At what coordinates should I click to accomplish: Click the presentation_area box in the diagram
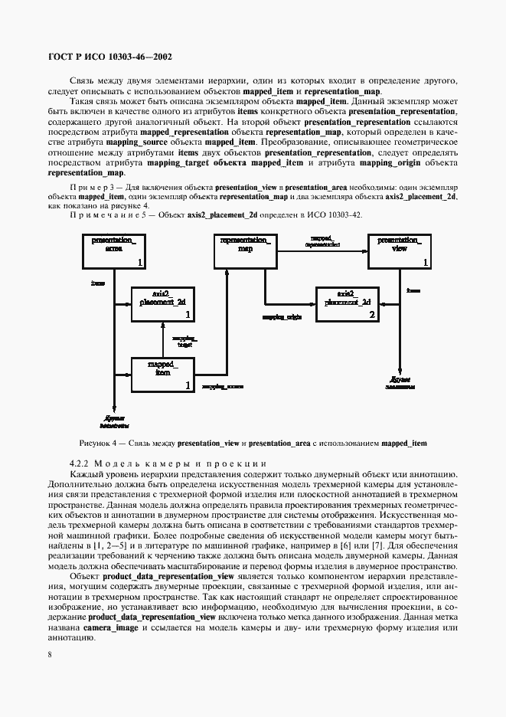[x=113, y=250]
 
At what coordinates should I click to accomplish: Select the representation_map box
[x=245, y=250]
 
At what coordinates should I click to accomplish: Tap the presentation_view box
[x=399, y=250]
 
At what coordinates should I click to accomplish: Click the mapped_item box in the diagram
[x=162, y=375]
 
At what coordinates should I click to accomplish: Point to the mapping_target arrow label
[x=184, y=341]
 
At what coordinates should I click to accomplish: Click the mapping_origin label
[x=281, y=316]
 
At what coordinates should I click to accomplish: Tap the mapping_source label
[x=223, y=388]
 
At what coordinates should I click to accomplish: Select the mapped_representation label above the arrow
[x=322, y=241]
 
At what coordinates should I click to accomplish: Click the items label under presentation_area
[x=98, y=283]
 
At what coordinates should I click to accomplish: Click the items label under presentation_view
[x=413, y=291]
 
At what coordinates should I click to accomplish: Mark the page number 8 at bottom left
[x=50, y=654]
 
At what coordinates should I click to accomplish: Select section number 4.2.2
[x=80, y=463]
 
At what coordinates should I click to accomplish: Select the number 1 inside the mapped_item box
[x=187, y=388]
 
